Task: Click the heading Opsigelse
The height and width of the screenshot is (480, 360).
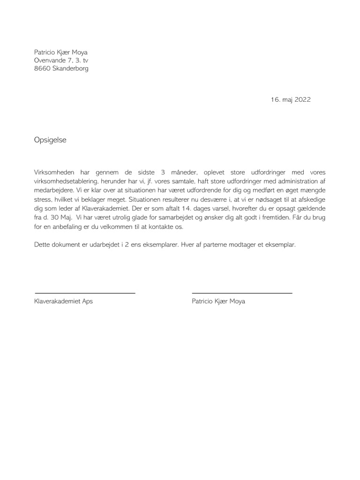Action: (50, 140)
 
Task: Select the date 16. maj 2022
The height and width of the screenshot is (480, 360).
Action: (291, 99)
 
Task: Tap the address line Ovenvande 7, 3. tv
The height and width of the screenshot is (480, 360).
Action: (61, 60)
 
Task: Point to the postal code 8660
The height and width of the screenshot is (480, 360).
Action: (42, 68)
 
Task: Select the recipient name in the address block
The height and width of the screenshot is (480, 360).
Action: (60, 52)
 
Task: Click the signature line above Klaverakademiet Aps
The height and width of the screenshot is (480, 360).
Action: (85, 293)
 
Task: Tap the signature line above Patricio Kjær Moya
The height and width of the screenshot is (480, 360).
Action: (242, 293)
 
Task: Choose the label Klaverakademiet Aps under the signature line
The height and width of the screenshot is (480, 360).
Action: (64, 301)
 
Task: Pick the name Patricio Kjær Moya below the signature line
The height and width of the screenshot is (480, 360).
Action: (218, 301)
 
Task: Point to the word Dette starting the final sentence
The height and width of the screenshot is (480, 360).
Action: (43, 245)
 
